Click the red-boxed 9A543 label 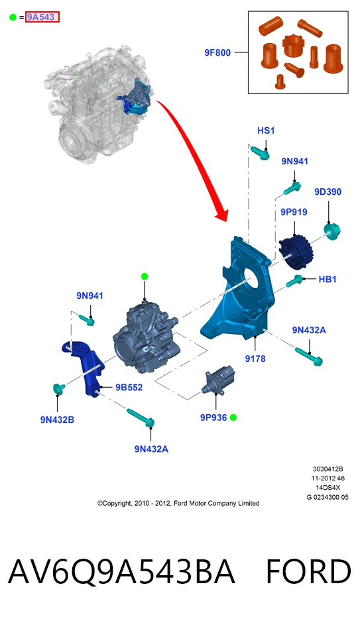pos(42,17)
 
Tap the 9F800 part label pos(217,52)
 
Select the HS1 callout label pos(266,131)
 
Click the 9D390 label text pos(328,192)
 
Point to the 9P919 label pos(294,212)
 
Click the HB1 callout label pos(328,280)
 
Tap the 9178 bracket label pos(255,359)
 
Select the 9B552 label pos(129,387)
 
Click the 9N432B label pos(57,420)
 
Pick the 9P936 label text pos(213,418)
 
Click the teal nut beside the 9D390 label pos(331,231)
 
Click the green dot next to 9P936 pos(233,418)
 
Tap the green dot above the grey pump pos(145,276)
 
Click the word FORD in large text pos(308,572)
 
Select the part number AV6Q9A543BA pos(121,572)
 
